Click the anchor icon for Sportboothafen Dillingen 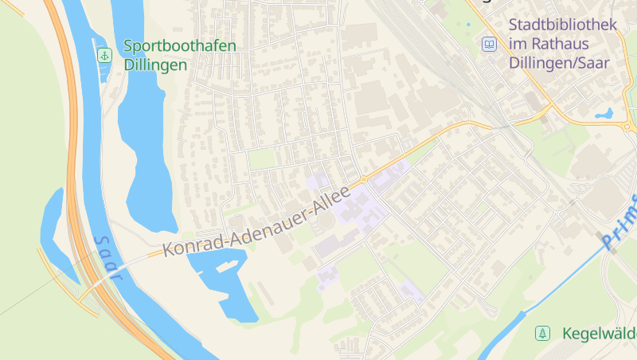pyautogui.click(x=104, y=55)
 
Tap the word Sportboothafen pyautogui.click(x=180, y=45)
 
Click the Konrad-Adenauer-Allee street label pyautogui.click(x=256, y=222)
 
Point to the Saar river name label pyautogui.click(x=107, y=257)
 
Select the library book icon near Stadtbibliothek pyautogui.click(x=489, y=44)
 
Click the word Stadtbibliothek pyautogui.click(x=563, y=25)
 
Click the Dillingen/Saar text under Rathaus pyautogui.click(x=563, y=64)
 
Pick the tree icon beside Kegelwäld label pyautogui.click(x=542, y=333)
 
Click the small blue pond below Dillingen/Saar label pyautogui.click(x=604, y=113)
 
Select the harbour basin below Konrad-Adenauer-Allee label pyautogui.click(x=223, y=283)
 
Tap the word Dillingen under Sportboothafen pyautogui.click(x=155, y=65)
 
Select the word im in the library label pyautogui.click(x=519, y=45)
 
